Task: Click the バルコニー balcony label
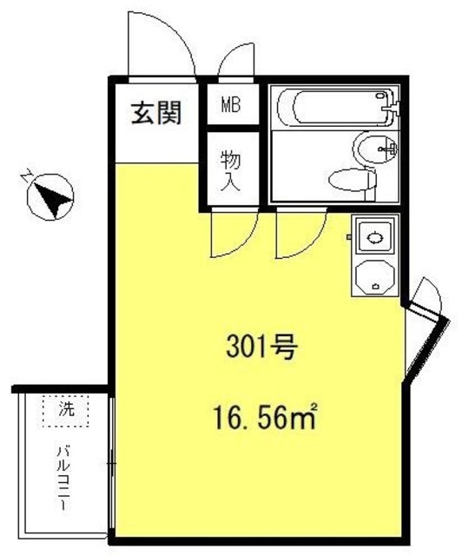click(64, 477)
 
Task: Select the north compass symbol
click(49, 196)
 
